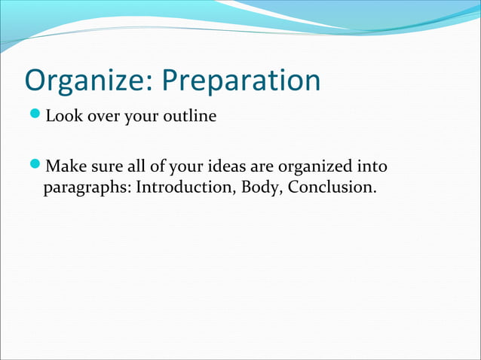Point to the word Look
pyautogui.click(x=63, y=117)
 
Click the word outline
pyautogui.click(x=190, y=117)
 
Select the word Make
pyautogui.click(x=66, y=165)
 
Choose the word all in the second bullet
pyautogui.click(x=137, y=165)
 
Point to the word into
pyautogui.click(x=375, y=165)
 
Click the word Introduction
pyautogui.click(x=185, y=185)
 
